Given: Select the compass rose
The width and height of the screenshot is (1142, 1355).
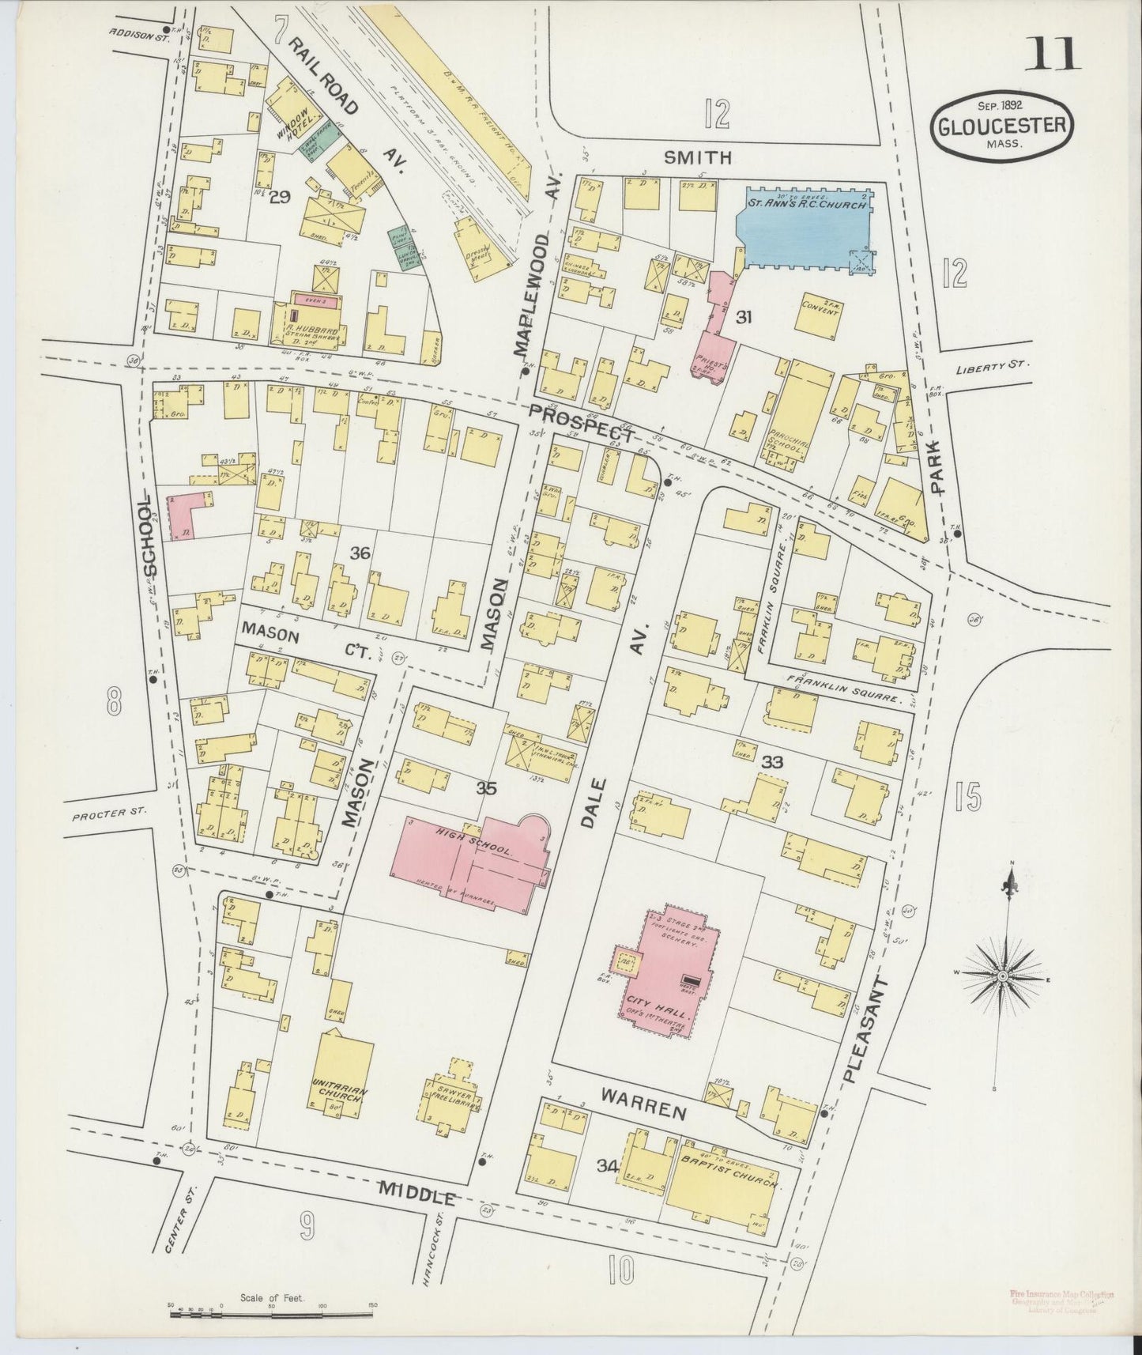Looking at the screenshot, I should pyautogui.click(x=1002, y=976).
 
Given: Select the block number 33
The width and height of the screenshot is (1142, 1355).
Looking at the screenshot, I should pyautogui.click(x=771, y=763).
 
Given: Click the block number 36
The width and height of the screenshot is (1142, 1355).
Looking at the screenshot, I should pyautogui.click(x=360, y=553).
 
